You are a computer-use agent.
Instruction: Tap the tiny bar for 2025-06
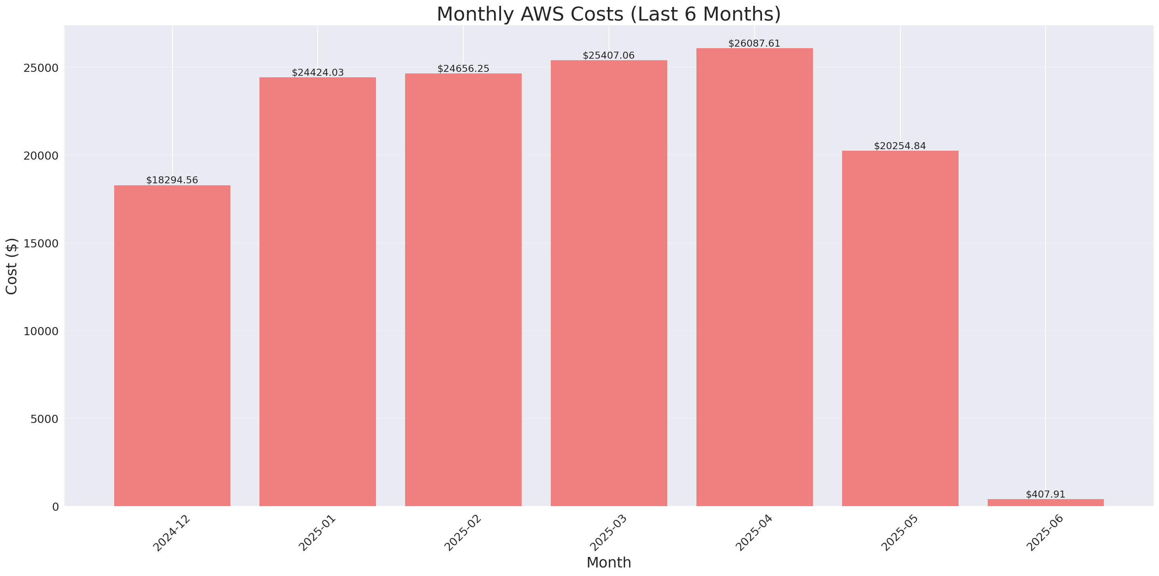click(x=1045, y=503)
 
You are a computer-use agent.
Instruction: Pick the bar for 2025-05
click(x=900, y=329)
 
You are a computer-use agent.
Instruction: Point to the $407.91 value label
click(x=1045, y=494)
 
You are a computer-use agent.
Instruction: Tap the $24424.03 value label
click(x=318, y=73)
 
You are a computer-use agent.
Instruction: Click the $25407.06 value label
click(x=608, y=56)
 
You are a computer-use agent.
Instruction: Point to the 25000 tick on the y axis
click(x=42, y=68)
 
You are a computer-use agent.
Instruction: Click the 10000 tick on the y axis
click(x=42, y=331)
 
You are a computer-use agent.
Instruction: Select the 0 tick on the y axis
click(x=55, y=507)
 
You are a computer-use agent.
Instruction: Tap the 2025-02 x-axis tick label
click(x=463, y=533)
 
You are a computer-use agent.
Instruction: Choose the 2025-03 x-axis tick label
click(x=608, y=533)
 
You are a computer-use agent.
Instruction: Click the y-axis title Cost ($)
click(x=12, y=266)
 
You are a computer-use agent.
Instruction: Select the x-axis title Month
click(x=608, y=562)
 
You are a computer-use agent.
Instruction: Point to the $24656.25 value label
click(x=463, y=69)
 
